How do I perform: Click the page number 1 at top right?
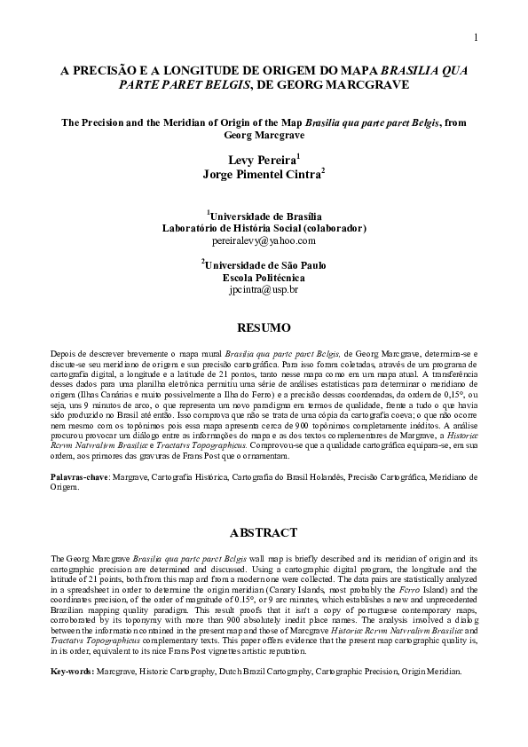pos(476,37)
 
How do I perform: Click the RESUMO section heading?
pos(264,328)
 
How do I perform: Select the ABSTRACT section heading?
pos(264,533)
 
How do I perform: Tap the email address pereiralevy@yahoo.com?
pos(264,240)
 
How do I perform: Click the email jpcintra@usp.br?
pos(264,289)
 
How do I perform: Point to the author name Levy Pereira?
pos(261,160)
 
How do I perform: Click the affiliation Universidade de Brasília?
pos(265,216)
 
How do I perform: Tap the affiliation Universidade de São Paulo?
pos(265,264)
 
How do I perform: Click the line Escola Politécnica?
pos(264,277)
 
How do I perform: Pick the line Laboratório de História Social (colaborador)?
pos(264,228)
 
